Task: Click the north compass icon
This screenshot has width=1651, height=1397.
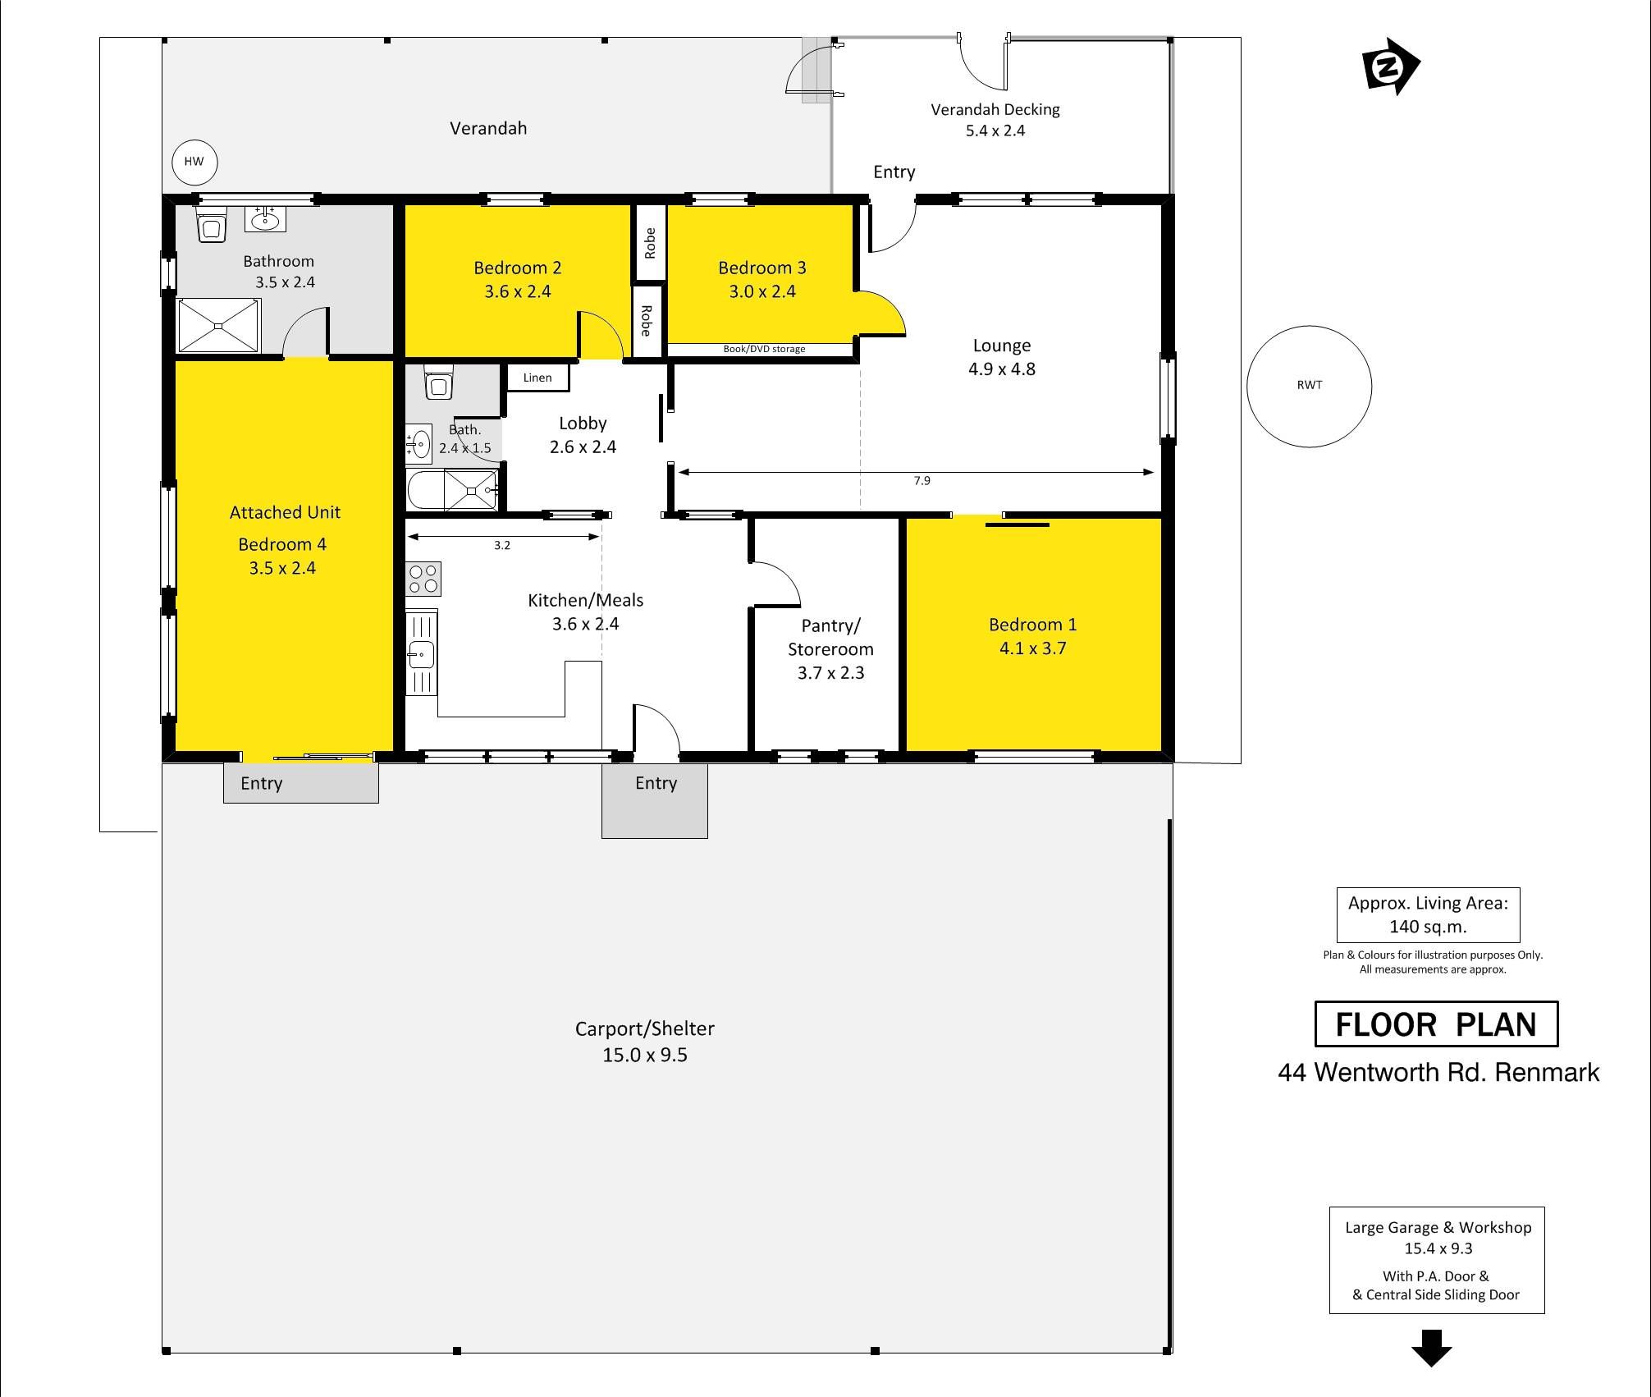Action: (1390, 66)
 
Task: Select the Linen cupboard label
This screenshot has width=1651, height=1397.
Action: (537, 378)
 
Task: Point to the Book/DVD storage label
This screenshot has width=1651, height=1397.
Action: (764, 349)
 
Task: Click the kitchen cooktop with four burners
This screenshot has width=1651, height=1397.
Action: (424, 579)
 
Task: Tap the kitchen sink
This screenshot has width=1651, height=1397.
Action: (422, 654)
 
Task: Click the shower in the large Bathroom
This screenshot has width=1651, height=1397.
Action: (218, 326)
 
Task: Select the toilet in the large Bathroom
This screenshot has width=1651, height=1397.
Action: (212, 225)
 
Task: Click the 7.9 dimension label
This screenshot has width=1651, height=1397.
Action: (922, 481)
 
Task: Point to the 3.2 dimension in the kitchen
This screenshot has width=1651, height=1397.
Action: (502, 545)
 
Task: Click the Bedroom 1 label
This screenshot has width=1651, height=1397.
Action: (1032, 625)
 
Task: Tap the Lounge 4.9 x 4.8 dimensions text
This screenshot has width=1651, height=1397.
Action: (1002, 369)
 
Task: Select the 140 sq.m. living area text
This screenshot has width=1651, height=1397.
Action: (1428, 927)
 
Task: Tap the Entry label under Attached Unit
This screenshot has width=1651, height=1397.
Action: (262, 784)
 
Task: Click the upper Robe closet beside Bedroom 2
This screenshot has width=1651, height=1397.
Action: (650, 243)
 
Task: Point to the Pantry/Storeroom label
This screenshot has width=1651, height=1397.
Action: (830, 637)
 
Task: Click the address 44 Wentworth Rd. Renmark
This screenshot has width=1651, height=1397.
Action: (1438, 1073)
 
